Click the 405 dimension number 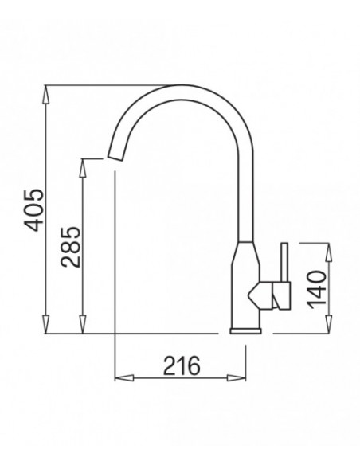tap(34, 210)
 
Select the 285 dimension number tap(70, 247)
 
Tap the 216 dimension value tap(182, 365)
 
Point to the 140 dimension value tap(316, 289)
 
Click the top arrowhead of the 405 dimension tap(45, 95)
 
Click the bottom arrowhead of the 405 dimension tap(45, 324)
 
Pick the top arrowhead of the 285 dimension tap(83, 168)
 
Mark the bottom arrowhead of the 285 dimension tap(83, 324)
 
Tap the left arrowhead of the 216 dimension tap(124, 378)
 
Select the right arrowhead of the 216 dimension tap(237, 378)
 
